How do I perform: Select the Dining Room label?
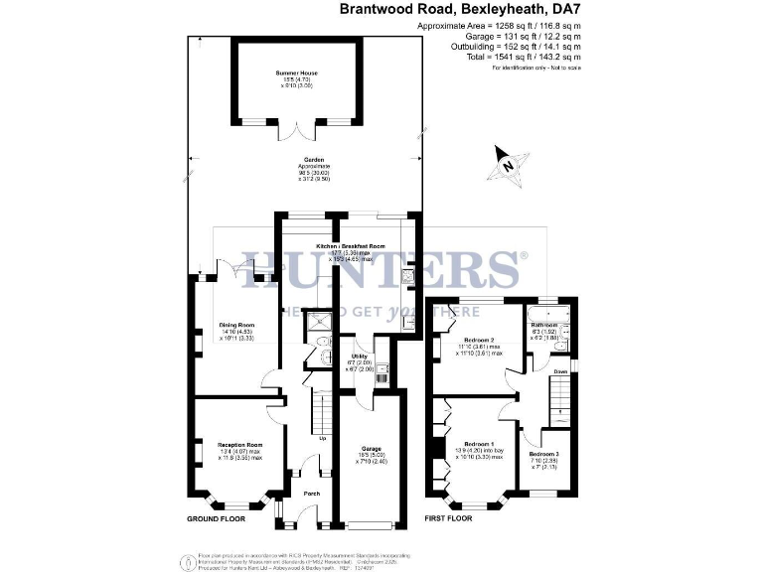[x=238, y=326]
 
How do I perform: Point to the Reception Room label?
[x=239, y=444]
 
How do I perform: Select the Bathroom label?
[x=543, y=325]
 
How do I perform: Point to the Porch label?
[x=311, y=493]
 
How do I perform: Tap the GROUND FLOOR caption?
[x=217, y=519]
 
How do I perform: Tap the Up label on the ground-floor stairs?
[x=323, y=438]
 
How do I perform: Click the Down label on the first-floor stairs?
[x=560, y=371]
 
